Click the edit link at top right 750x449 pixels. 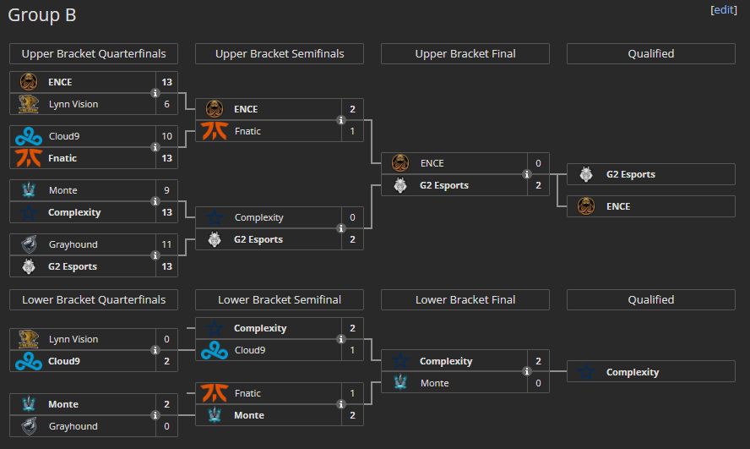[x=723, y=9]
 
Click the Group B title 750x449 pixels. [x=43, y=15]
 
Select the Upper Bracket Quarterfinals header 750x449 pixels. [x=94, y=54]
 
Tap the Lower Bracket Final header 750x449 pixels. [x=465, y=300]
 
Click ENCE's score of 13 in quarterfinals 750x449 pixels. [x=166, y=82]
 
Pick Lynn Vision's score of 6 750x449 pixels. [x=166, y=104]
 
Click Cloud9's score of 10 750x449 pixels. [x=166, y=136]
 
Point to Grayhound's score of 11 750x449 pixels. [x=166, y=244]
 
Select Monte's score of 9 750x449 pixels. [x=166, y=190]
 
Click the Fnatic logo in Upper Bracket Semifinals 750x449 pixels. [x=215, y=131]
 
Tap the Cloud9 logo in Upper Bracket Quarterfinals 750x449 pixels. [x=29, y=136]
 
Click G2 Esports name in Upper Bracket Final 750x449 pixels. [x=443, y=185]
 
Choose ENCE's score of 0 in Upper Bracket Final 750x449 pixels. [x=538, y=163]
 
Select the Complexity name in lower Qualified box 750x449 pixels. [x=632, y=372]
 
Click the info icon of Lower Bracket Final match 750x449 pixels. [x=527, y=371]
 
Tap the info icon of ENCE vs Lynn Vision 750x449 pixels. [x=155, y=93]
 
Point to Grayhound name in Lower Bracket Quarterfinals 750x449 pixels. [x=73, y=426]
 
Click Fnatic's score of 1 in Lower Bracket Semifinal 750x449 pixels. [x=352, y=393]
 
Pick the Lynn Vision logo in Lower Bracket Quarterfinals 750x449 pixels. [x=29, y=339]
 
